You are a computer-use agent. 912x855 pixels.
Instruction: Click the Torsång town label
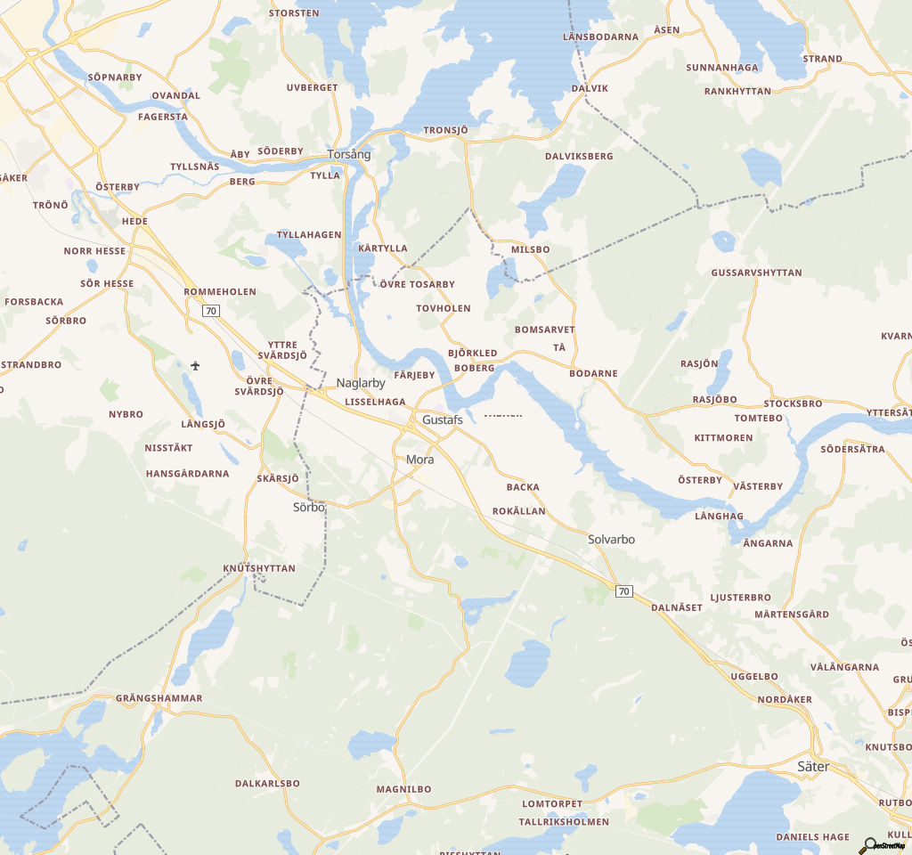349,154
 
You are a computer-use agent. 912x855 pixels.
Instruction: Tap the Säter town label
813,766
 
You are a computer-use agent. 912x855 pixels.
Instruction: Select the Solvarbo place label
611,539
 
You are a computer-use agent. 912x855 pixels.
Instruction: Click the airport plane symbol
195,365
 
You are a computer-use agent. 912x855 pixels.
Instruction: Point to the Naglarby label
361,383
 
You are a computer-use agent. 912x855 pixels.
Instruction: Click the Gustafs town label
442,419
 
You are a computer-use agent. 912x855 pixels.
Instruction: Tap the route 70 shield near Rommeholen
210,310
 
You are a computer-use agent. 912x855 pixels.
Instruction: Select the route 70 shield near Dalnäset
623,591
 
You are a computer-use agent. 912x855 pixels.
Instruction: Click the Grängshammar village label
159,698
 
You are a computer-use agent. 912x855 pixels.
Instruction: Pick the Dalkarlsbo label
267,784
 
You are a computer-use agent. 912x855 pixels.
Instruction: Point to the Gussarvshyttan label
757,273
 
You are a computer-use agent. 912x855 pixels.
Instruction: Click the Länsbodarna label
601,37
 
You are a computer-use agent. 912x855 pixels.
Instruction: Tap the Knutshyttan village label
259,567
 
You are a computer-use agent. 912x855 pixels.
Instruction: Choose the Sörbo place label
309,507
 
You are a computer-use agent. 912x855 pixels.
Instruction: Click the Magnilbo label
403,789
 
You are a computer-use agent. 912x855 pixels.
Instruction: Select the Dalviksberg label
579,156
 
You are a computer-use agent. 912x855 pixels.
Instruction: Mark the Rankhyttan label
737,91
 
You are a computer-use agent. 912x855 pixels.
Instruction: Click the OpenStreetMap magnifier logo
868,845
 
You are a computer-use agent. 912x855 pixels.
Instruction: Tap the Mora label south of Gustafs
419,460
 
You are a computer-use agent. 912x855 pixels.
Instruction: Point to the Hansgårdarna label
188,474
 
